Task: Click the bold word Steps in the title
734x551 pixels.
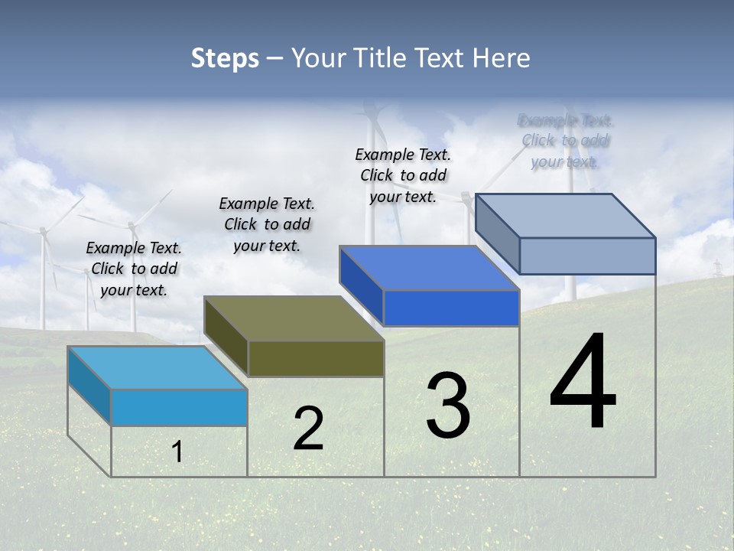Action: tap(225, 58)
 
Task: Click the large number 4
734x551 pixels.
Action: tap(583, 382)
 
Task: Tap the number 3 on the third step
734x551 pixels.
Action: tap(448, 406)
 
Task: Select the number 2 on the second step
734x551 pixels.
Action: tap(309, 429)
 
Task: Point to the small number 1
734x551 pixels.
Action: tap(177, 452)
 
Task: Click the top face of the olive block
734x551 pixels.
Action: tap(294, 318)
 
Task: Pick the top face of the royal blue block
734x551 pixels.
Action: tap(429, 269)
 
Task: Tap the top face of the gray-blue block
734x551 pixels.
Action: tap(565, 216)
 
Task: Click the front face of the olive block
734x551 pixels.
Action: tap(316, 359)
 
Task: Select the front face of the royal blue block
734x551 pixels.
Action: tap(451, 308)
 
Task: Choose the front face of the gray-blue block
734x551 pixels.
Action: tap(587, 256)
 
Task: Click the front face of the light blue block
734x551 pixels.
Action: tap(179, 408)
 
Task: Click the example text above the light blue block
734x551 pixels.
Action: tap(134, 269)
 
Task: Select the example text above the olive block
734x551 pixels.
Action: tap(267, 224)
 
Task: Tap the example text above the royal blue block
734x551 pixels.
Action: tap(403, 175)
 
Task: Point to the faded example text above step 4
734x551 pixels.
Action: tap(565, 141)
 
